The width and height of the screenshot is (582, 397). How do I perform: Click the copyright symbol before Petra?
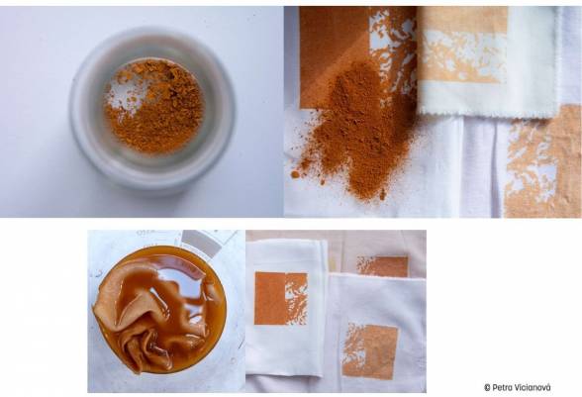[487, 387]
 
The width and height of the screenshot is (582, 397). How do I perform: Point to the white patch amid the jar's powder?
[125, 93]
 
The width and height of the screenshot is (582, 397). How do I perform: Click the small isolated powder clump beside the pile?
[296, 174]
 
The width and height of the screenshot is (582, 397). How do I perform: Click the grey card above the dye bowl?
[202, 244]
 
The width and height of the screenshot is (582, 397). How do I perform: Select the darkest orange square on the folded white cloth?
[281, 299]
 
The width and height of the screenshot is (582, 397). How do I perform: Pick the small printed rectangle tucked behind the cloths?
[383, 266]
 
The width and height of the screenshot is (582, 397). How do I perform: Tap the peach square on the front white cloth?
[370, 351]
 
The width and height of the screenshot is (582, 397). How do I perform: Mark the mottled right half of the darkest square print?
[296, 299]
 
